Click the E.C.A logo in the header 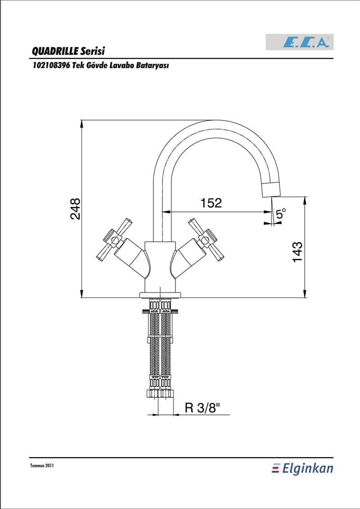(x=300, y=42)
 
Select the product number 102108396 (x=51, y=66)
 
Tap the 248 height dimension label (x=75, y=209)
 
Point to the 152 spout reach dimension (x=211, y=203)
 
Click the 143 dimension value (x=297, y=252)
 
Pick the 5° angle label (x=281, y=214)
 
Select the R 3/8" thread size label (x=202, y=407)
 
